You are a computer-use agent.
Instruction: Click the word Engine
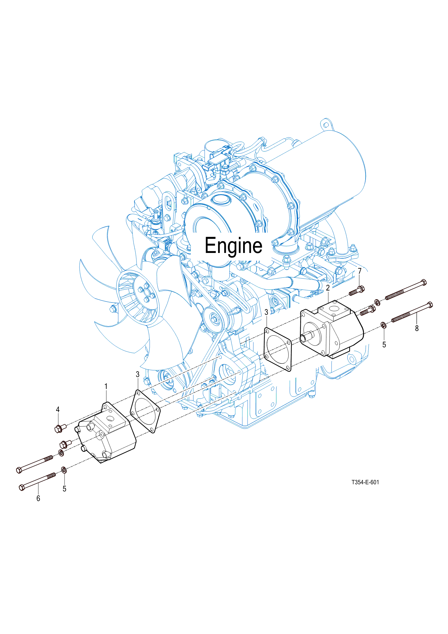point(233,246)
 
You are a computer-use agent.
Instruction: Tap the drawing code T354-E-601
point(365,482)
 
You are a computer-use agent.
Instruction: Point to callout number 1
point(106,386)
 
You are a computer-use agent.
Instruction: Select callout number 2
point(328,288)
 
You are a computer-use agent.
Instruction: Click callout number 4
point(58,409)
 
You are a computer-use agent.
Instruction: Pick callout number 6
point(38,498)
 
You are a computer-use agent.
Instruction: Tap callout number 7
point(360,271)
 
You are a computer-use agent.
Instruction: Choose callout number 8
point(417,328)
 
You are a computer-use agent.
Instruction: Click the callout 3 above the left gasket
point(138,374)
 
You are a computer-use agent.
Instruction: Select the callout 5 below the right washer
point(384,345)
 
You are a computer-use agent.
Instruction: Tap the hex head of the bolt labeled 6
point(22,487)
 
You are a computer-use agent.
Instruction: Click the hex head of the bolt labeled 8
point(430,305)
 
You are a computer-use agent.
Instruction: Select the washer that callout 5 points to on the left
point(64,470)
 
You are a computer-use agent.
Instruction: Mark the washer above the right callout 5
point(383,325)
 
